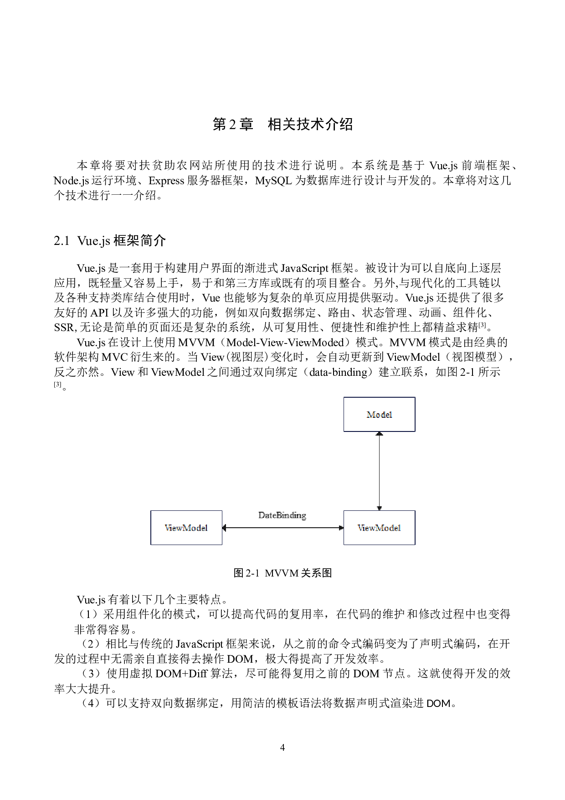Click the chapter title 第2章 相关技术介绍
click(x=282, y=124)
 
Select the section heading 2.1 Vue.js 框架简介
click(x=110, y=241)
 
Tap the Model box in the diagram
click(x=379, y=414)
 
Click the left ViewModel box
click(x=186, y=528)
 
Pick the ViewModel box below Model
click(x=379, y=528)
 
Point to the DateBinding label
click(x=282, y=515)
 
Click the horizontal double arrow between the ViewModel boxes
click(x=283, y=528)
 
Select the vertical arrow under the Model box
click(x=379, y=471)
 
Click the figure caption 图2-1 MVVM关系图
click(x=282, y=573)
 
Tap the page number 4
click(x=282, y=747)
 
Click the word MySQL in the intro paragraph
click(x=273, y=181)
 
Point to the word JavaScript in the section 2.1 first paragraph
click(x=304, y=269)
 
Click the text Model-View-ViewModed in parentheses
click(x=285, y=343)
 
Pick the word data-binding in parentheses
click(x=338, y=372)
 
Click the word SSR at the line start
click(x=64, y=327)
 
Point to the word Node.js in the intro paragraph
click(x=71, y=181)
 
